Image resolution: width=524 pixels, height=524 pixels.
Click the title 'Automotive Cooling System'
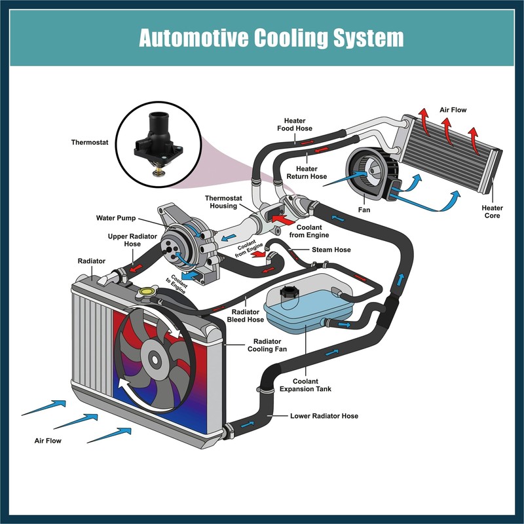click(x=271, y=37)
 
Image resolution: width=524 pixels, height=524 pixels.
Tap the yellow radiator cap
click(x=147, y=291)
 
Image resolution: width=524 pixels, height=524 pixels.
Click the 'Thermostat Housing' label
click(x=223, y=202)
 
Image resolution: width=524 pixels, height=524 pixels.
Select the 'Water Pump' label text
click(x=116, y=218)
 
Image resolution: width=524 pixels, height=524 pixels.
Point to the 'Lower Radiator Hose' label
click(x=324, y=416)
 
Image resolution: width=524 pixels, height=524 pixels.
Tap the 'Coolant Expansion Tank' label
click(x=305, y=385)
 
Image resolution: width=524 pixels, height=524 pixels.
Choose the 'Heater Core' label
click(x=493, y=212)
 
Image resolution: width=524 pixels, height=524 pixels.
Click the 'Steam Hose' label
click(x=331, y=250)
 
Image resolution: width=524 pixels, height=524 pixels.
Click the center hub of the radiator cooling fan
click(x=155, y=360)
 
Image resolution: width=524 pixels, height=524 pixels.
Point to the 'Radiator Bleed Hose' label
click(x=246, y=316)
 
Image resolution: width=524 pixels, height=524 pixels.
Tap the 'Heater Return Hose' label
click(x=307, y=173)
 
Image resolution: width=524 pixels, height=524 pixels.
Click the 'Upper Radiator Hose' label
click(x=132, y=240)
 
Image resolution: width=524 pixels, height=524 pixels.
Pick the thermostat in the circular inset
click(x=158, y=143)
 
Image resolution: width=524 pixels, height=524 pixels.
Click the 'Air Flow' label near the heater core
click(x=453, y=110)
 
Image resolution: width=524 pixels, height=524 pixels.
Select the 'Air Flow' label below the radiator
click(x=48, y=441)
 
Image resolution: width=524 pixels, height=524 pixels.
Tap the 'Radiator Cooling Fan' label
click(x=267, y=345)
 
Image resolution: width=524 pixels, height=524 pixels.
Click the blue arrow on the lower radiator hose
click(x=248, y=424)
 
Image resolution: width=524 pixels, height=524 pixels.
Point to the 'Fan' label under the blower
click(x=364, y=210)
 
